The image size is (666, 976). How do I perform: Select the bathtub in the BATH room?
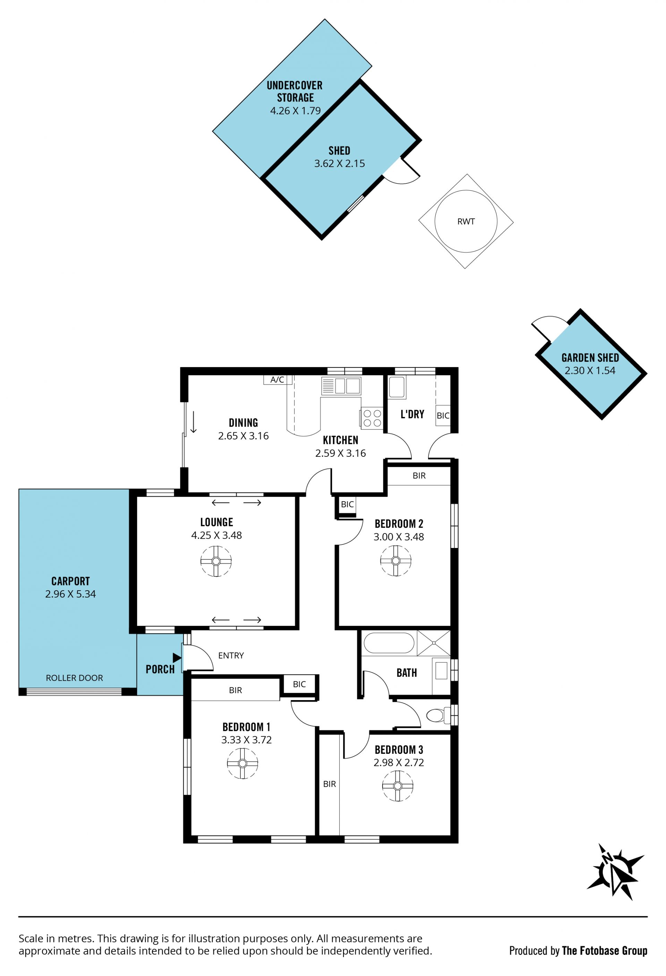(389, 643)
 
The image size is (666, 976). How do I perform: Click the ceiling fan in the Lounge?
(216, 561)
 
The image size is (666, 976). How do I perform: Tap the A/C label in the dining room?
(277, 380)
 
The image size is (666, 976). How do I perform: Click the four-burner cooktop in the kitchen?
(372, 418)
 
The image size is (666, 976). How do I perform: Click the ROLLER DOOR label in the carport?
(74, 678)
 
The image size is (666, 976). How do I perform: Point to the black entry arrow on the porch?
(177, 658)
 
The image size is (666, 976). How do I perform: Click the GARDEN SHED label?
(590, 358)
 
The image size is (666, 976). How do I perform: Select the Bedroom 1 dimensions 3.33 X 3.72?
(246, 740)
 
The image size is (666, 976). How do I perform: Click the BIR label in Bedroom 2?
(419, 476)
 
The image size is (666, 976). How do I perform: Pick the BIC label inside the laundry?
(443, 416)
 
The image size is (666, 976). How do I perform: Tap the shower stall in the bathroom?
(434, 643)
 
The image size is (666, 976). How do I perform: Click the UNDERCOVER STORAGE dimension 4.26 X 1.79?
(296, 111)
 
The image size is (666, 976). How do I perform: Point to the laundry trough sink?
(397, 387)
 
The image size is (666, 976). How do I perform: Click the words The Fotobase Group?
(604, 951)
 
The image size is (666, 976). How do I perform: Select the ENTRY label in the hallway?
(231, 655)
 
